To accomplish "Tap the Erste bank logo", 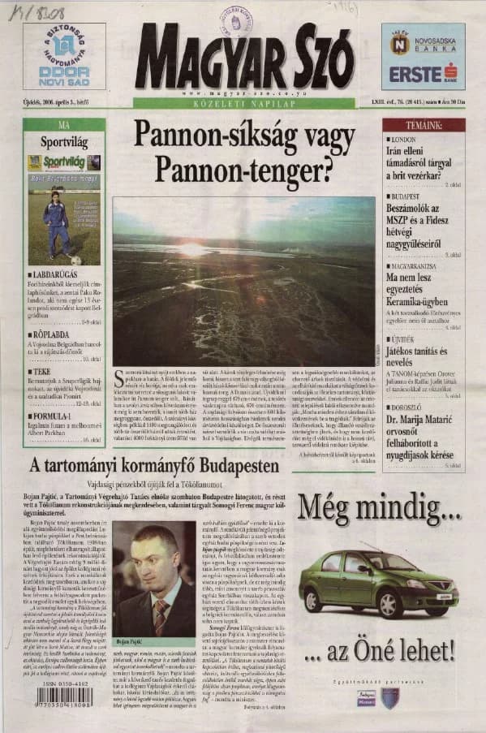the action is pyautogui.click(x=423, y=73).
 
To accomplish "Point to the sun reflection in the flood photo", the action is pyautogui.click(x=192, y=248).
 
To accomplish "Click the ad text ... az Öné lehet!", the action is pyautogui.click(x=378, y=651).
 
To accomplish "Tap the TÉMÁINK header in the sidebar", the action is pyautogui.click(x=423, y=125).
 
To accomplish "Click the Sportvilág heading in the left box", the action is pyautogui.click(x=64, y=141).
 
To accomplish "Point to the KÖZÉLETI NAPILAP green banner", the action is pyautogui.click(x=243, y=103).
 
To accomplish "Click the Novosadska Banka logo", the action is pyautogui.click(x=423, y=44).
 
